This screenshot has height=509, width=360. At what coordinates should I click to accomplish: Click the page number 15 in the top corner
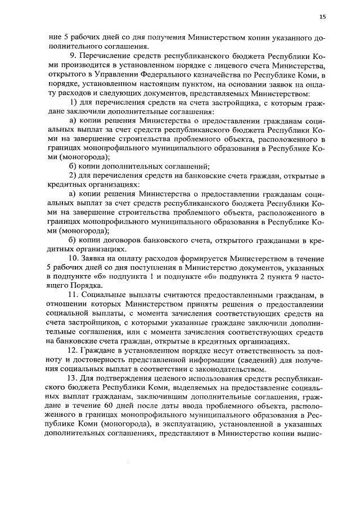[322, 17]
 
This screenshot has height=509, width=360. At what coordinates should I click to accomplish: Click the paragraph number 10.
[72, 258]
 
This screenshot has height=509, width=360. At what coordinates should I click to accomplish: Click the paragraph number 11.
[72, 295]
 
